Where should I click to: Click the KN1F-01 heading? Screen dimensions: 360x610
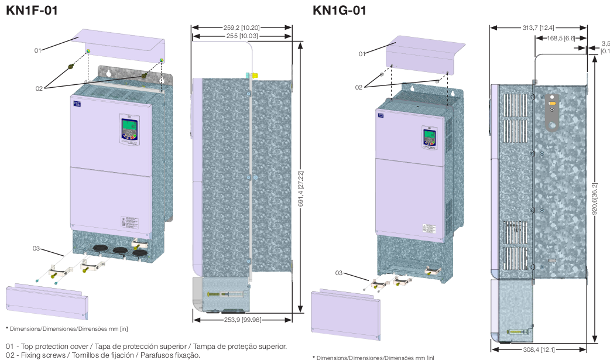click(x=32, y=10)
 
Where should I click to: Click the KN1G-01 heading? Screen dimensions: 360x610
click(x=340, y=10)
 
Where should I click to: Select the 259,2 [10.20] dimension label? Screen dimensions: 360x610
click(x=242, y=28)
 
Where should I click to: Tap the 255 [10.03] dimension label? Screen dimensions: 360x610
click(x=242, y=36)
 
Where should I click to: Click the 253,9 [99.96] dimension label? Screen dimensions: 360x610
click(x=242, y=320)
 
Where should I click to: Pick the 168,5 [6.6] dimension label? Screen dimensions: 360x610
click(x=561, y=38)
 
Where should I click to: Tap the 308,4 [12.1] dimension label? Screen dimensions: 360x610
click(x=539, y=349)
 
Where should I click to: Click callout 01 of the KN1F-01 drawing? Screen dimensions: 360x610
click(x=37, y=50)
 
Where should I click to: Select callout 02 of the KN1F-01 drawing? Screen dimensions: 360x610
click(x=39, y=88)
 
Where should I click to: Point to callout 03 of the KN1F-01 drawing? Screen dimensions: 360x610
click(x=36, y=249)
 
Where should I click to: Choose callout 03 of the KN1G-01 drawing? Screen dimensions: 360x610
click(x=339, y=273)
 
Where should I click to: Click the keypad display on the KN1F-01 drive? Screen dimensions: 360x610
click(x=129, y=126)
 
